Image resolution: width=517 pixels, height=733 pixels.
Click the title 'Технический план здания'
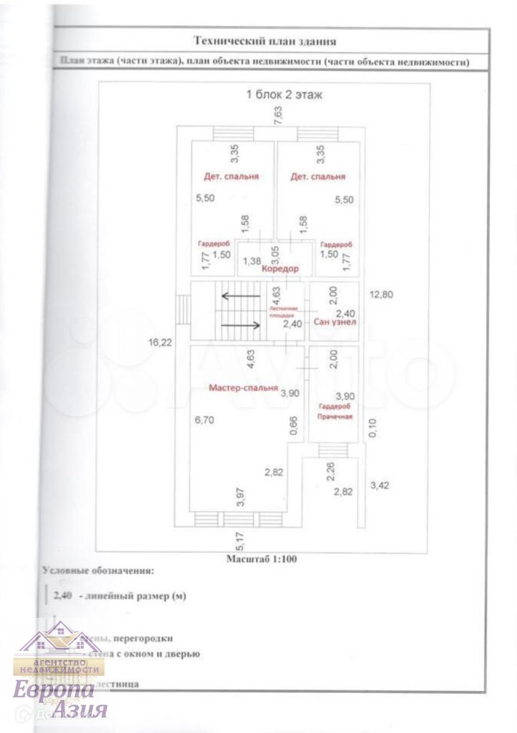point(265,42)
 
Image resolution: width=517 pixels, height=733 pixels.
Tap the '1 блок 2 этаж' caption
point(285,94)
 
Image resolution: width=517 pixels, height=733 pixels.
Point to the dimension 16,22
point(160,343)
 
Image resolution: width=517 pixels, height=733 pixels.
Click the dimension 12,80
point(380,293)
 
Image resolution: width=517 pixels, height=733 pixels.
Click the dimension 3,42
point(379,486)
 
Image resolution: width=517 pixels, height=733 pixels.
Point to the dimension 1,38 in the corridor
point(251,261)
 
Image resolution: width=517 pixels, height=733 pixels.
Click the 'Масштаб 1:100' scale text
point(262,558)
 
